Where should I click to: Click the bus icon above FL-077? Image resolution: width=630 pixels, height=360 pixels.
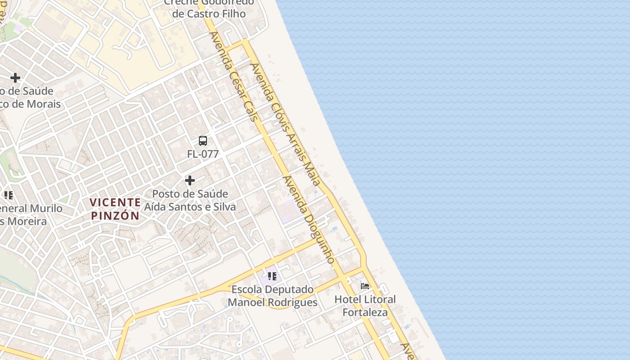click(x=203, y=141)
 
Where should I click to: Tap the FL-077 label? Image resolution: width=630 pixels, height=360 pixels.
click(x=203, y=154)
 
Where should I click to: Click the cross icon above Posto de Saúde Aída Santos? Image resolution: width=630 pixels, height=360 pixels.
click(x=190, y=180)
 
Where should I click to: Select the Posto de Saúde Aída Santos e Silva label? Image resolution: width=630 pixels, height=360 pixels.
click(x=190, y=200)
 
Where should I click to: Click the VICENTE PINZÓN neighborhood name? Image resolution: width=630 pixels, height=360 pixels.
click(x=115, y=209)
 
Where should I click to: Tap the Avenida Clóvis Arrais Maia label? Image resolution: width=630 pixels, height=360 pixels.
click(x=285, y=124)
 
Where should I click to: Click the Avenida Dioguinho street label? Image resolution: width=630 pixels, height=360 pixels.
click(x=309, y=220)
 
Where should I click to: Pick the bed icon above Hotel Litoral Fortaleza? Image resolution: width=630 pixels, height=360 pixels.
click(x=365, y=286)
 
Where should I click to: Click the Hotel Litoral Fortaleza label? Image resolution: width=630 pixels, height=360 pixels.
click(x=365, y=306)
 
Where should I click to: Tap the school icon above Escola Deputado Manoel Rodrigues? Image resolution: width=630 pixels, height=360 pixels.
click(x=272, y=276)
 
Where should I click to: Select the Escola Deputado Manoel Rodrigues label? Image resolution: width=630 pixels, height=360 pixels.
click(x=272, y=296)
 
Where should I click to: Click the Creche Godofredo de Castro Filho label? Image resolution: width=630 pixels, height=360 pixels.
click(x=209, y=8)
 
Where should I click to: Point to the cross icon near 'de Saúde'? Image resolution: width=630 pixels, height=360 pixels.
click(x=15, y=78)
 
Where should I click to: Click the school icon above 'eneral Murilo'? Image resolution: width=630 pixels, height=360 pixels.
click(x=9, y=195)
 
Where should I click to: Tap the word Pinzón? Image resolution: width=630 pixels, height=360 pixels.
click(x=115, y=216)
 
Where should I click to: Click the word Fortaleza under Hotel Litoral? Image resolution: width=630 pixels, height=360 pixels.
click(x=365, y=312)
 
